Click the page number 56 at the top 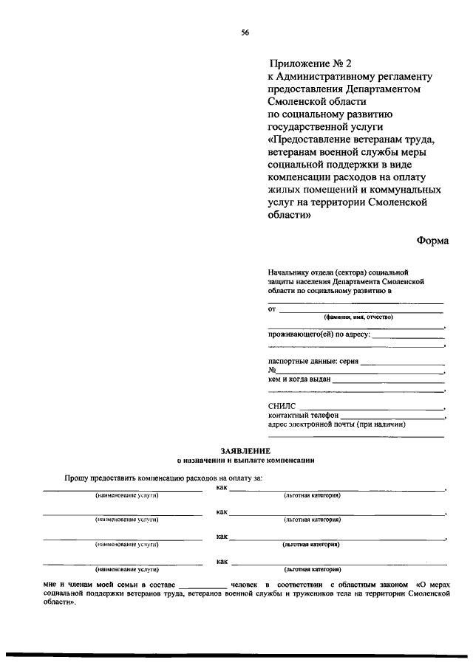tap(245, 32)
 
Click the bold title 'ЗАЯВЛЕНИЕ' tap(245, 450)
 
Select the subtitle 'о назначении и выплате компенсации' tap(245, 459)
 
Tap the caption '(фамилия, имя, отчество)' tap(358, 317)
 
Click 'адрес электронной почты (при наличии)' tap(337, 424)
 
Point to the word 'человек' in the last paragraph tap(245, 584)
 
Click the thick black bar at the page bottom tap(236, 655)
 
